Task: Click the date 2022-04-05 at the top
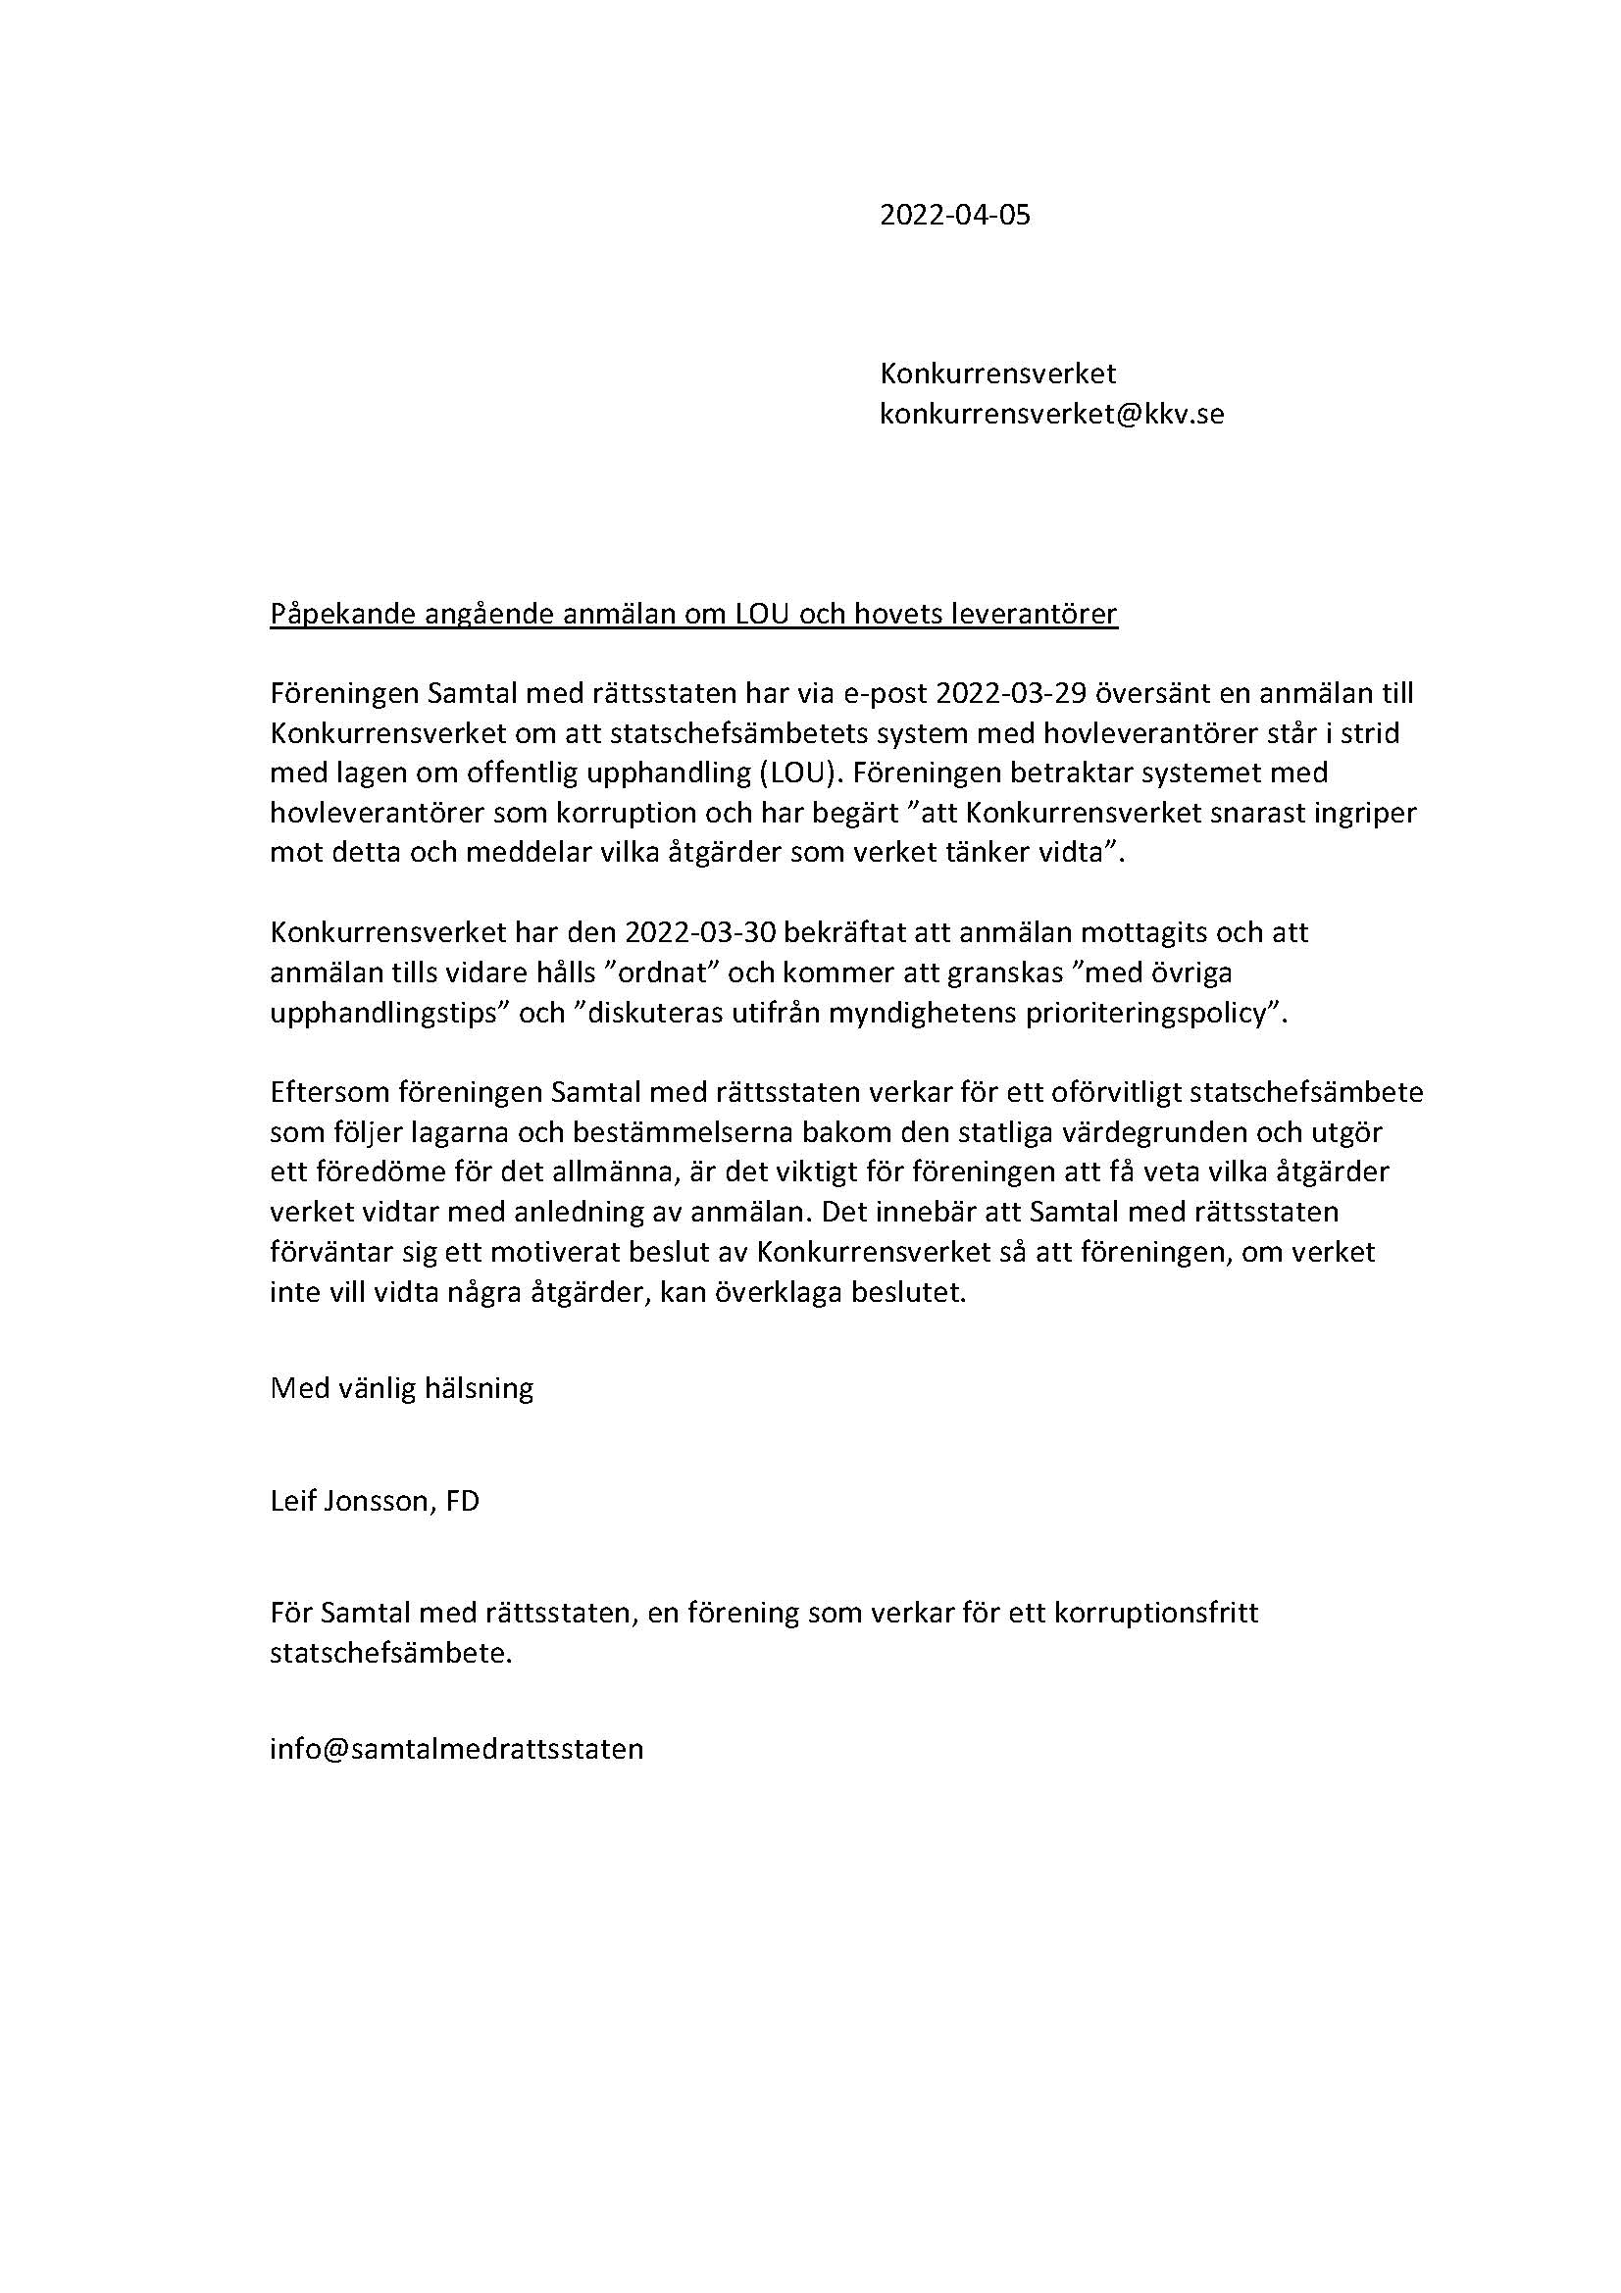954,215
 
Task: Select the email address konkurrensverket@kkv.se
1050,414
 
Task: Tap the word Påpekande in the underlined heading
342,615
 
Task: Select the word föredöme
369,1171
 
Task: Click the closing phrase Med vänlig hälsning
401,1388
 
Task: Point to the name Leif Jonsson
349,1501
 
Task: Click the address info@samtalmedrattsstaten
456,1749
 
